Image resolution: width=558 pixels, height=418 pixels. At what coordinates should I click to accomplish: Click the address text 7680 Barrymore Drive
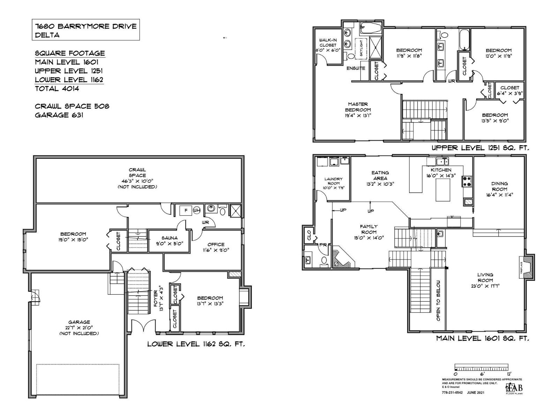[x=86, y=26]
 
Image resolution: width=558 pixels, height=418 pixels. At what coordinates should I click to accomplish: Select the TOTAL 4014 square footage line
[x=57, y=88]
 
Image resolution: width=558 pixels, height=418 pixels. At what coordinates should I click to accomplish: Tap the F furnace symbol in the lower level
[x=186, y=210]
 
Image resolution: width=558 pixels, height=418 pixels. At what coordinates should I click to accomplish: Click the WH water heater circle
[x=197, y=210]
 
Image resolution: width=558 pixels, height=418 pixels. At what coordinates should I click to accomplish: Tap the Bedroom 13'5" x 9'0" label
[x=495, y=118]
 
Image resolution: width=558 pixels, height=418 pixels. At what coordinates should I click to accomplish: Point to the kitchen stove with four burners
[x=467, y=181]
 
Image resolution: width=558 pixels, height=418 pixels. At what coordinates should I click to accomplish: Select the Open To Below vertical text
[x=438, y=300]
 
